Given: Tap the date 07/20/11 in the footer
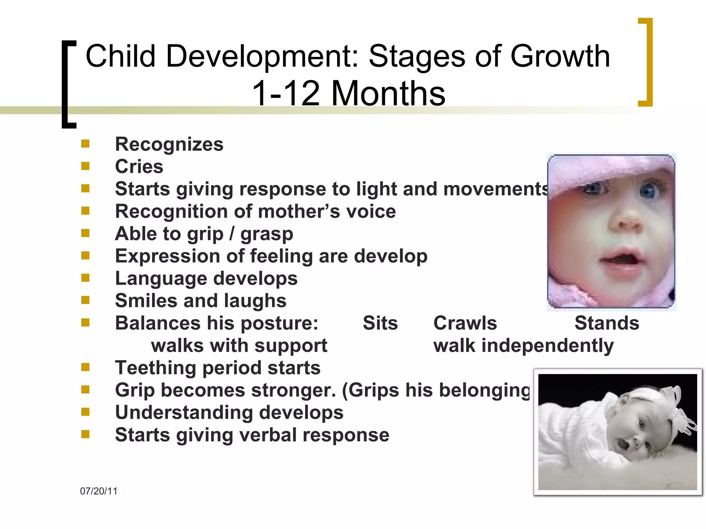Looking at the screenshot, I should [99, 491].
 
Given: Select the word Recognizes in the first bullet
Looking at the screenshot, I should [169, 144].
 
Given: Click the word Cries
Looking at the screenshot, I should [139, 167].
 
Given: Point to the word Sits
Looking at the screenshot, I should [380, 323].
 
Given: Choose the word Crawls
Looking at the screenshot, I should [465, 323].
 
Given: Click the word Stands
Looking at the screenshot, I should [607, 323].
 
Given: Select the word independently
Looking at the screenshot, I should [547, 345].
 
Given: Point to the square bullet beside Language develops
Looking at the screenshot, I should [85, 278].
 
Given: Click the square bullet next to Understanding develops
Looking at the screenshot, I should [85, 412].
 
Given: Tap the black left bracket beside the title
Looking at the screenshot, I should [68, 84].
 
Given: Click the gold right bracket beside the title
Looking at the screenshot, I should [646, 62].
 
